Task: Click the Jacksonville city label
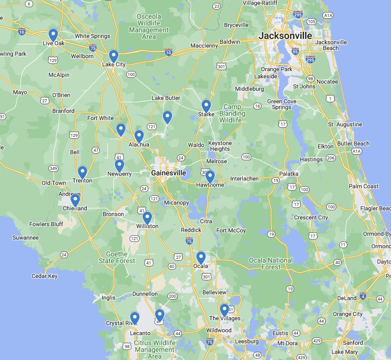coord(285,36)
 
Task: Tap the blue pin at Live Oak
coord(53,35)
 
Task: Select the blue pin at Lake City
coord(113,56)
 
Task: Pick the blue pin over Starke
coord(206,106)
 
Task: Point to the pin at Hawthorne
coord(210,177)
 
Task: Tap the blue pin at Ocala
coord(201,258)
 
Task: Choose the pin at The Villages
coord(225,310)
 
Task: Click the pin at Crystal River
coord(135,318)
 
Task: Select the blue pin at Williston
coord(147,218)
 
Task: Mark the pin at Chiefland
coord(75,200)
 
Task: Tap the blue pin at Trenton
coord(83,172)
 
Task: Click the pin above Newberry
coord(119,166)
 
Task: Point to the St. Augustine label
coord(345,124)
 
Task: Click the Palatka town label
coord(289,174)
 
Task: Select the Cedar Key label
coord(45,276)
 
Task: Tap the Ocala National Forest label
coord(271,264)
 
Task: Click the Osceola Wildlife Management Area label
coord(149,26)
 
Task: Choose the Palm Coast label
coord(364,186)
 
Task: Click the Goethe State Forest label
coord(117,257)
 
